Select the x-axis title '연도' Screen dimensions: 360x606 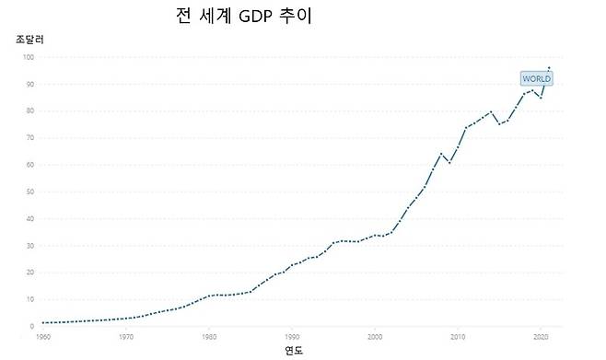point(293,350)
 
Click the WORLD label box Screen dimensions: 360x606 point(536,79)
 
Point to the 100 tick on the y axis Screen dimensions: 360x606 point(29,57)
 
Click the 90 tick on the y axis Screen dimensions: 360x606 point(29,85)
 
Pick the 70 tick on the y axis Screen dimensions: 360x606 point(29,138)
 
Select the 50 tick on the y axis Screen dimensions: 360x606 point(29,192)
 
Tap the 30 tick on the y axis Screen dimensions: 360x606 point(29,246)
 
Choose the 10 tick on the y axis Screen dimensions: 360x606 point(29,299)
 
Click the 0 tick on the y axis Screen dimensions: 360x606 point(32,326)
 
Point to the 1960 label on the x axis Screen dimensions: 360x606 point(43,336)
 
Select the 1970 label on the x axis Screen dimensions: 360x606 point(126,336)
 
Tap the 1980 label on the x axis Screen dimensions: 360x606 point(209,336)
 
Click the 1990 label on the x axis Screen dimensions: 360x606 point(293,336)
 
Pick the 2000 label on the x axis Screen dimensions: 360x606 point(376,336)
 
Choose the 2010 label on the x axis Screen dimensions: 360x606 point(459,336)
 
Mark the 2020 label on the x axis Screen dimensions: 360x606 point(542,336)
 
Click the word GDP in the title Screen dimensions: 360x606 point(252,17)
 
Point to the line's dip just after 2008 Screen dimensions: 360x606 point(449,163)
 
